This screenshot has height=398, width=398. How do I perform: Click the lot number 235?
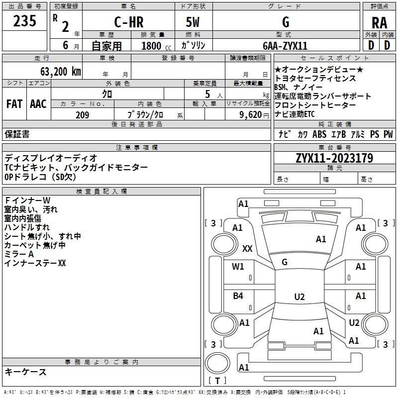click(x=24, y=21)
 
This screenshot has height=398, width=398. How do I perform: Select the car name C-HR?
click(x=129, y=22)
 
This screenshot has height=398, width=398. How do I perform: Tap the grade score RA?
click(x=380, y=23)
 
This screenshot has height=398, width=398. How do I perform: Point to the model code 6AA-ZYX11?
click(x=285, y=46)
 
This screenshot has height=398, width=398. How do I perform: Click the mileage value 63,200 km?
click(x=61, y=72)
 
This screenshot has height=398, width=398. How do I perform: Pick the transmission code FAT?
click(x=14, y=104)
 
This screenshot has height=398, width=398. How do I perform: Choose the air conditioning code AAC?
click(x=38, y=104)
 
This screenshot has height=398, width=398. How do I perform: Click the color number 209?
click(x=82, y=115)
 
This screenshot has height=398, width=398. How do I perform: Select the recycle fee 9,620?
click(x=251, y=115)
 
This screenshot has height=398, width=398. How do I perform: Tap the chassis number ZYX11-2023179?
click(x=334, y=158)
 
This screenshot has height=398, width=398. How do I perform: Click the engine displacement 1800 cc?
click(x=156, y=46)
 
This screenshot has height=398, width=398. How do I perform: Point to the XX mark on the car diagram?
click(x=247, y=248)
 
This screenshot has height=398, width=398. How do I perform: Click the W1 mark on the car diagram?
click(x=238, y=267)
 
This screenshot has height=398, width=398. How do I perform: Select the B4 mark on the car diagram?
click(x=238, y=296)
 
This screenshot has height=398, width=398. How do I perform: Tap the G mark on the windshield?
click(x=285, y=262)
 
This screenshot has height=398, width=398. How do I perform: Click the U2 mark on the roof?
click(x=299, y=297)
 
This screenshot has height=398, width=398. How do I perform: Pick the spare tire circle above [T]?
click(x=217, y=363)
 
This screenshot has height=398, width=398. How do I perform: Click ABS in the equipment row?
click(x=319, y=134)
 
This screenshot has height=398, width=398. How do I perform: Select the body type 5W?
click(x=193, y=22)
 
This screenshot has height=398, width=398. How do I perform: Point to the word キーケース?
click(x=26, y=372)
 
